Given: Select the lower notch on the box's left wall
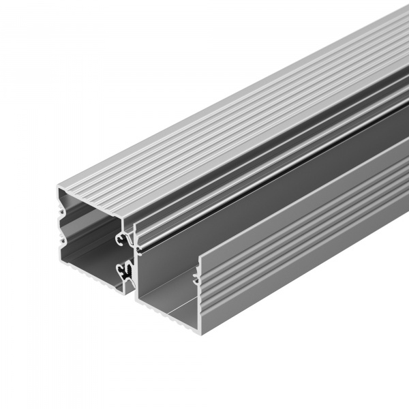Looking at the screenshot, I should [62, 239].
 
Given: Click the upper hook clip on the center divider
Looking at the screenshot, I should [123, 237].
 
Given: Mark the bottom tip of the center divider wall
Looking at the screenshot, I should [130, 292].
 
